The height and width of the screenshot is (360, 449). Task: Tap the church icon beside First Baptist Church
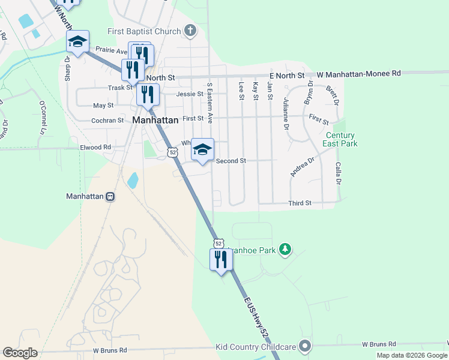(x=190, y=31)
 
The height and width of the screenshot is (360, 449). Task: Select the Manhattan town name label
(x=155, y=120)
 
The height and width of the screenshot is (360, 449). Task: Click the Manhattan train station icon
(x=110, y=196)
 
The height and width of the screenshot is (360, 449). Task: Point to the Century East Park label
(x=340, y=139)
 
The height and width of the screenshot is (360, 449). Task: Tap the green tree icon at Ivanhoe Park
(x=286, y=249)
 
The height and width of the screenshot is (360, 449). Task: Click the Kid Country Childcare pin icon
(x=306, y=346)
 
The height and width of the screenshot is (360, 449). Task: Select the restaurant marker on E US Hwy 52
(x=221, y=260)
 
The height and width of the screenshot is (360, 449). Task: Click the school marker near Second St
(x=203, y=150)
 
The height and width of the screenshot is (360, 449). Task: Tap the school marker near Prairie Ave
(x=77, y=42)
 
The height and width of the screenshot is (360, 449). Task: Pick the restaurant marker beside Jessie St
(x=147, y=94)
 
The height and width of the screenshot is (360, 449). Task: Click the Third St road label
(x=300, y=203)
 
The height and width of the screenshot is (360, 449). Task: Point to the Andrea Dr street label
(x=303, y=167)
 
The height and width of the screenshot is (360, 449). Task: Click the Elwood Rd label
(x=95, y=147)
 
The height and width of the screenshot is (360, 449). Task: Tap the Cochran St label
(x=107, y=120)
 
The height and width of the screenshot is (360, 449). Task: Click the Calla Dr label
(x=339, y=173)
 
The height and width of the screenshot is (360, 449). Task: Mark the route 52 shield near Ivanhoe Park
(x=218, y=243)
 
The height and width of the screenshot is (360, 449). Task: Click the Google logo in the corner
(x=20, y=353)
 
